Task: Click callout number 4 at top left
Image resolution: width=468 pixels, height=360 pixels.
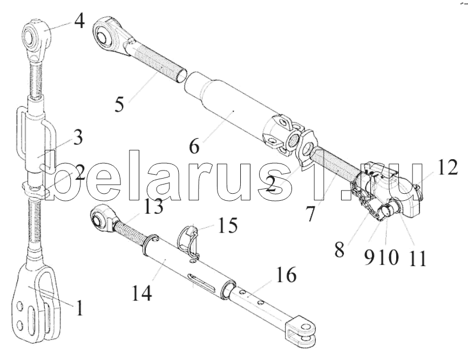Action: (79, 21)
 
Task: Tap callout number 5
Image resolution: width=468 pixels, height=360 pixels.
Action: (119, 105)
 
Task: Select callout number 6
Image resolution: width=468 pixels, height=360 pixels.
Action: (194, 146)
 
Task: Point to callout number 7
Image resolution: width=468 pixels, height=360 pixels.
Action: (310, 214)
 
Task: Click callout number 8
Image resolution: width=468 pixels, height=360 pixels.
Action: (340, 250)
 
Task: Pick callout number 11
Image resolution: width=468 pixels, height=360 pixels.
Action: (418, 259)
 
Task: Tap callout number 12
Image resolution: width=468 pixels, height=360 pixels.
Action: (447, 167)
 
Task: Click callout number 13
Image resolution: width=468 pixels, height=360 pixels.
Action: (154, 207)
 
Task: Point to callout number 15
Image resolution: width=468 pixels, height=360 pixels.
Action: (228, 225)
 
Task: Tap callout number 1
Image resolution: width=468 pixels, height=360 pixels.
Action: (79, 308)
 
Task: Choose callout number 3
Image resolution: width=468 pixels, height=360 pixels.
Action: (78, 138)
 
